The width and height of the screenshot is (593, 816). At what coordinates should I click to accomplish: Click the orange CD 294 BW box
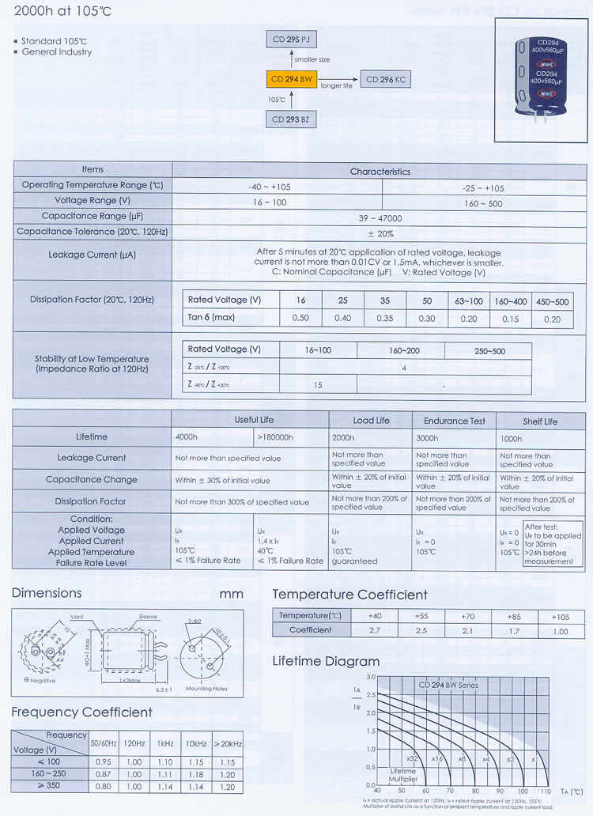click(x=293, y=80)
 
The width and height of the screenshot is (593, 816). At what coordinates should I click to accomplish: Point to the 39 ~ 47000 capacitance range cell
click(x=381, y=217)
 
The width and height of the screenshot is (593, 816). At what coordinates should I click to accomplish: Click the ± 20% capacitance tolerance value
click(x=381, y=233)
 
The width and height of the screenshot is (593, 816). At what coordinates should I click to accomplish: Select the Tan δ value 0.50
click(x=300, y=318)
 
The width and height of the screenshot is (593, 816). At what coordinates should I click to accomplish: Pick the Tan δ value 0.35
click(x=385, y=318)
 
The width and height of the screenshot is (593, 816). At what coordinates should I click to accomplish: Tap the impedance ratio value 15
click(x=319, y=385)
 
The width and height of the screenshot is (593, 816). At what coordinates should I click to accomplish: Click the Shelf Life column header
click(x=540, y=421)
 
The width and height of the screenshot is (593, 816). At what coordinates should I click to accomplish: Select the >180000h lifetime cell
click(x=275, y=437)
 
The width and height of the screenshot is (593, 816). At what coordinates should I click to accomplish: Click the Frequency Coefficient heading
click(x=81, y=712)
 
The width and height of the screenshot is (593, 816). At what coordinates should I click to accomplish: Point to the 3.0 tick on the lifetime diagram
click(x=370, y=678)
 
